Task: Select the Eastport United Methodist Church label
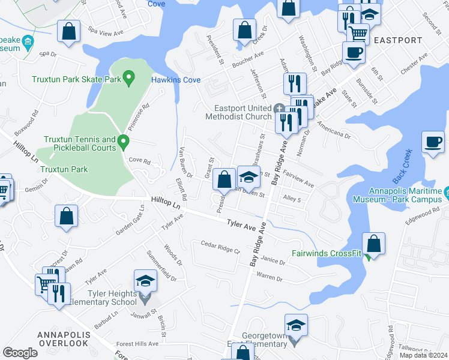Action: [238, 112]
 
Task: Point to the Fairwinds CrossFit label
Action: [326, 254]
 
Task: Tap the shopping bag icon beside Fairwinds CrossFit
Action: [373, 244]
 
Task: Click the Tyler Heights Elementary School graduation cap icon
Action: [145, 280]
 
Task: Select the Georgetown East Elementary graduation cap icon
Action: [295, 325]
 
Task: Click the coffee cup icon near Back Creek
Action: [432, 143]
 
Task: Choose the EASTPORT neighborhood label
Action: [397, 41]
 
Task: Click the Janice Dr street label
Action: [273, 260]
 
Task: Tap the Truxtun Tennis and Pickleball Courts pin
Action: [124, 142]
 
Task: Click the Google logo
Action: [20, 353]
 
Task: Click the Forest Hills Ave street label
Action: [137, 344]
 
